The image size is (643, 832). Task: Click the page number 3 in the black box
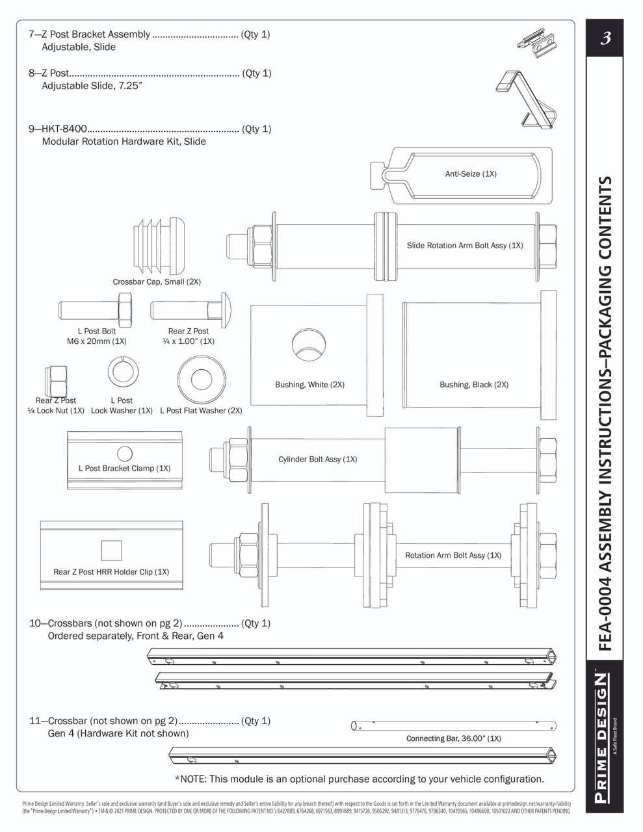point(605,38)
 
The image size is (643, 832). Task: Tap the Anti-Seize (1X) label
point(471,174)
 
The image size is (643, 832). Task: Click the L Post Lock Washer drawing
point(123,373)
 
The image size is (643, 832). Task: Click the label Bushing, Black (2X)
point(474,385)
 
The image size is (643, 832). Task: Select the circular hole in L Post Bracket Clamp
point(124,454)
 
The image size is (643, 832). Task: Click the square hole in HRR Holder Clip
point(111,551)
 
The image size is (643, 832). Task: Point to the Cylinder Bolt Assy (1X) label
point(317,460)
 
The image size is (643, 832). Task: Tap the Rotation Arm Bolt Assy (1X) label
point(453,555)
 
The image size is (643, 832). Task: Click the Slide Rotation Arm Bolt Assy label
point(465,246)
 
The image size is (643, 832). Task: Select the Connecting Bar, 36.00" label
point(453,738)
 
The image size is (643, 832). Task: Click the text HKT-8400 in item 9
point(64,129)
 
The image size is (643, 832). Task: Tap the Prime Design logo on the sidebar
point(603,741)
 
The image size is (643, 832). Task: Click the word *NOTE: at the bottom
point(190,779)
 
